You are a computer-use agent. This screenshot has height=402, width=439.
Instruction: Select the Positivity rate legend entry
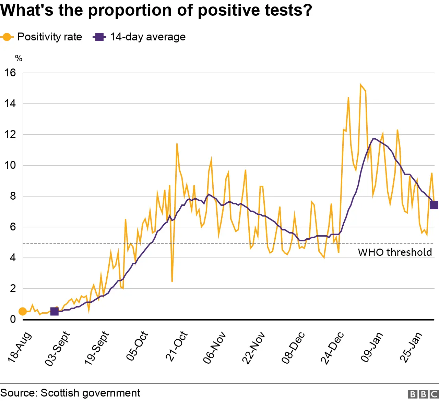[x=42, y=37]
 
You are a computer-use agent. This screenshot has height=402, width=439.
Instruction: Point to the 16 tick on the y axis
[x=10, y=73]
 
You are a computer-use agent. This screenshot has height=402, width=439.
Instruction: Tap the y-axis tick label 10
[x=10, y=165]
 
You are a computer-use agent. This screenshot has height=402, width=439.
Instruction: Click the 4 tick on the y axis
[x=13, y=257]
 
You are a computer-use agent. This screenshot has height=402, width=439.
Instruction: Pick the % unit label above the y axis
[x=19, y=58]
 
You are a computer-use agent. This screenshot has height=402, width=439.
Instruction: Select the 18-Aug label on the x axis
[x=20, y=347]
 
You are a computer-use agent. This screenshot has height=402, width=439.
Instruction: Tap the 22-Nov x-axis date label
[x=253, y=348]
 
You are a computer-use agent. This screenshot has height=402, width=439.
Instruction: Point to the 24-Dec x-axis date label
[x=332, y=348]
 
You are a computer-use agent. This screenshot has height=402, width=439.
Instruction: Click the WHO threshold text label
[x=395, y=252]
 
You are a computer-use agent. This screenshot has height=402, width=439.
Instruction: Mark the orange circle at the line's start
[x=22, y=311]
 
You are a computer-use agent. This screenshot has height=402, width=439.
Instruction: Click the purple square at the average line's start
[x=54, y=311]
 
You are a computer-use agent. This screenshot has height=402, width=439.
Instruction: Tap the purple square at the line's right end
[x=434, y=205]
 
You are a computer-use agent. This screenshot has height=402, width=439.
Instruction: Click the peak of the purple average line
[x=374, y=139]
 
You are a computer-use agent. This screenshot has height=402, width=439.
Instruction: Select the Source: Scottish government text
[x=70, y=393]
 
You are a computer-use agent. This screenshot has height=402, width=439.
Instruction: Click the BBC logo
[x=423, y=394]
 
